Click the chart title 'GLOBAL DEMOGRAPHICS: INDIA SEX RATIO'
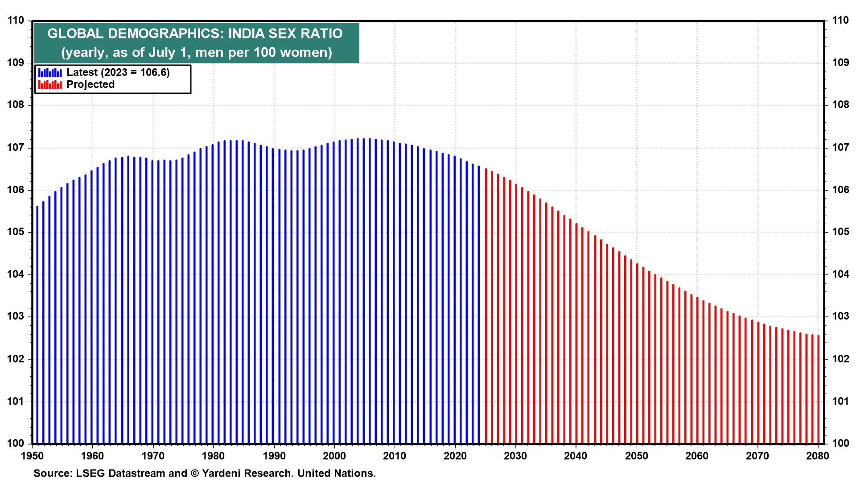195,33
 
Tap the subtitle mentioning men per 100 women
197,53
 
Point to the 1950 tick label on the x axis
33,456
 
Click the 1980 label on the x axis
214,456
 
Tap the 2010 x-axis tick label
395,456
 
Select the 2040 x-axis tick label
576,456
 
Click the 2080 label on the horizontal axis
818,456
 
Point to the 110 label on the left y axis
16,21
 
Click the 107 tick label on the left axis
16,148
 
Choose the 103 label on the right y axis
840,316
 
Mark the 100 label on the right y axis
840,443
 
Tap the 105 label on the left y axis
16,232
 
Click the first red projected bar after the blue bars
486,306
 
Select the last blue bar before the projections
479,305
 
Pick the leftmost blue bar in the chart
37,325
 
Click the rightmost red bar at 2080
819,390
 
